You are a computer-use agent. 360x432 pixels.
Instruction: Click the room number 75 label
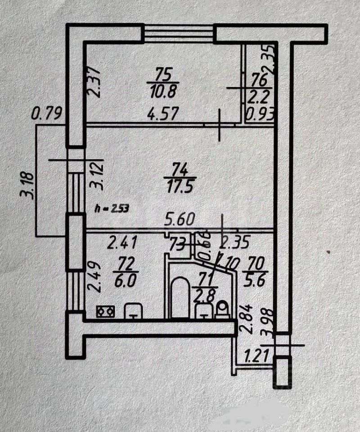point(163,73)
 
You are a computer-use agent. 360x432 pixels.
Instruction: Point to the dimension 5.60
point(180,220)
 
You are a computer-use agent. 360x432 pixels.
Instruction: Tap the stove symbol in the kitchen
point(106,311)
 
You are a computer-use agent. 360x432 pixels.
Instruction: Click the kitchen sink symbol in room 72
point(133,310)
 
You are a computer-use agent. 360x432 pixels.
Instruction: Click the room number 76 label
point(258,80)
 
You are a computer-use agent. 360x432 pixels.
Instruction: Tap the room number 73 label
point(177,245)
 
